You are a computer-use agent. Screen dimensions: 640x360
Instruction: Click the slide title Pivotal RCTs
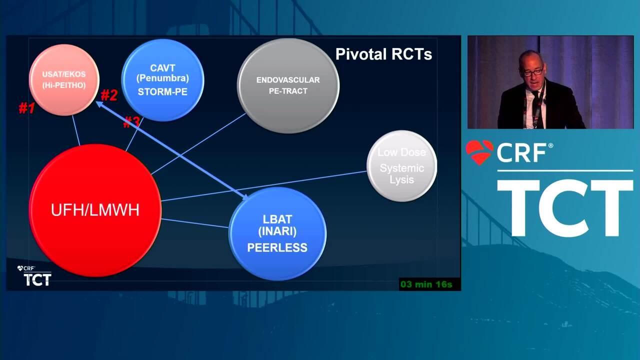383,54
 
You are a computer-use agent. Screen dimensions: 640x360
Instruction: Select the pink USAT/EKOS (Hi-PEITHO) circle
64,80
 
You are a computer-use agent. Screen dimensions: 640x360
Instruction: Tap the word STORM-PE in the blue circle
162,91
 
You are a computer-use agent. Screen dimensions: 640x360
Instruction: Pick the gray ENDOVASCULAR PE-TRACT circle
288,85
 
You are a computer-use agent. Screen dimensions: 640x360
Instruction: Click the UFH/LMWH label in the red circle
95,209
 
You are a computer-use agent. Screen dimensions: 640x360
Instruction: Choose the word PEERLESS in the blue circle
277,247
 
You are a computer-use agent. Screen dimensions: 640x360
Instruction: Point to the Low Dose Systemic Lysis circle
401,166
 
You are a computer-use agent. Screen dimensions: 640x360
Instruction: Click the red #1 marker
27,108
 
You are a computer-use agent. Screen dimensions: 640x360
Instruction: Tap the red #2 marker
109,95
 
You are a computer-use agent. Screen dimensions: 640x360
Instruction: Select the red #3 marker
131,122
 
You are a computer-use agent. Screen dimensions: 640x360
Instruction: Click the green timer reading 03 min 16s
426,284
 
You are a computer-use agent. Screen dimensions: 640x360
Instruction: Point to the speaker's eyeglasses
533,71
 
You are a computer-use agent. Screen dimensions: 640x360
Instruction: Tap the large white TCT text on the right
565,208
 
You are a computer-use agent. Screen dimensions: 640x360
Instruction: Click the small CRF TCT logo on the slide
34,275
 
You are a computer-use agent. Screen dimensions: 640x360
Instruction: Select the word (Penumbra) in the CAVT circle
162,78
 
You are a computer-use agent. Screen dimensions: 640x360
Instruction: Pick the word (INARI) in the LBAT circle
277,231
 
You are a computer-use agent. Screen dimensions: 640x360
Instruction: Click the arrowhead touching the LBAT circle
245,196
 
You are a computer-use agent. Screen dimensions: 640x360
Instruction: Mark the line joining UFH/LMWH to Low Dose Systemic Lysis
263,186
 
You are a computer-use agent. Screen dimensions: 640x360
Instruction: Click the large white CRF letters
521,152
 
